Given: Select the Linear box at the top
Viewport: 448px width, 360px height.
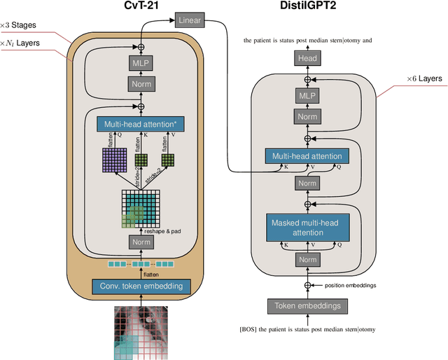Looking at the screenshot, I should pyautogui.click(x=189, y=20).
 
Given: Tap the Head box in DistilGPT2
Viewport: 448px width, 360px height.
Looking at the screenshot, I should pyautogui.click(x=307, y=60).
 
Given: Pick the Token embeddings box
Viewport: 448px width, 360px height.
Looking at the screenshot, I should pyautogui.click(x=307, y=305).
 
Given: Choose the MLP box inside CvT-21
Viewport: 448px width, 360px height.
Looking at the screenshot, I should pyautogui.click(x=139, y=64).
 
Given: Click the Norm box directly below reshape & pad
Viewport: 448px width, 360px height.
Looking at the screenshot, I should pyautogui.click(x=139, y=242).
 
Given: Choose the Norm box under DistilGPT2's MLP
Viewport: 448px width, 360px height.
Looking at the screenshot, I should pyautogui.click(x=307, y=117).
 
